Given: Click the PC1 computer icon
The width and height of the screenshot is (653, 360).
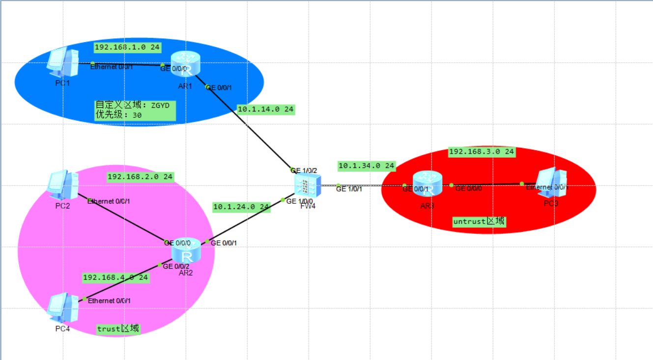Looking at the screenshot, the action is [x=63, y=62].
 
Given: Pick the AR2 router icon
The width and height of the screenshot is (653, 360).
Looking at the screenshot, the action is [x=186, y=250].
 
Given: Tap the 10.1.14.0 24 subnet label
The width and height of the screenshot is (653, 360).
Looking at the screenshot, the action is [x=266, y=109].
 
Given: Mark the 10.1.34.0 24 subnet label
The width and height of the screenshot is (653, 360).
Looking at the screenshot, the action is [x=367, y=166].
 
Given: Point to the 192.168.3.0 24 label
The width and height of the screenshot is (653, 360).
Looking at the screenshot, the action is [x=482, y=152].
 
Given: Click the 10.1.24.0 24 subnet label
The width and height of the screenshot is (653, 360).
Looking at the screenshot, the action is [x=241, y=207].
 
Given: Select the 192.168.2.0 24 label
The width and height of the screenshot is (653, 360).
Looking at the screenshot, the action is [x=140, y=176].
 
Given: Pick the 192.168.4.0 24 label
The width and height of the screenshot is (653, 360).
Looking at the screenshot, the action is [x=115, y=277].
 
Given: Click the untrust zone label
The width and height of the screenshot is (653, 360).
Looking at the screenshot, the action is [x=479, y=222].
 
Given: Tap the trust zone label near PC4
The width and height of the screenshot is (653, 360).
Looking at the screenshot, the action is [x=118, y=329].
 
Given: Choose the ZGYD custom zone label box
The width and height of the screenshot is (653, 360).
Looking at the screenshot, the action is [x=135, y=111].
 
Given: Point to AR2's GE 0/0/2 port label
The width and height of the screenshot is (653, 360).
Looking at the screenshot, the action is [x=175, y=266].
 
